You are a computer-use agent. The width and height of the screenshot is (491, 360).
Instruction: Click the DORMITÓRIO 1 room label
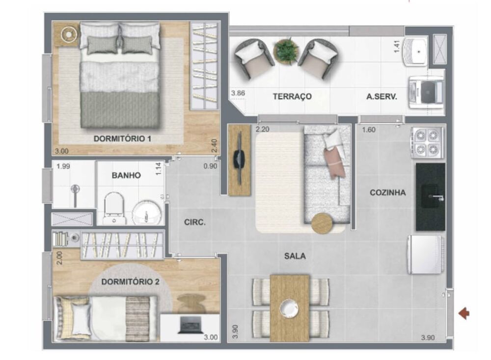click(x=122, y=139)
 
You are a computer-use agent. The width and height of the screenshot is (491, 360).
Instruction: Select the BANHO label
click(x=126, y=175)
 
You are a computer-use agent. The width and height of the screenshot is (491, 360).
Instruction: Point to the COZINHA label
click(x=387, y=193)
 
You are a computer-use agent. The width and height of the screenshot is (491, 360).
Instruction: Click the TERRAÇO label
click(x=292, y=97)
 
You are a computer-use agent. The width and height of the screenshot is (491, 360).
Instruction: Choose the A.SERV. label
click(x=382, y=97)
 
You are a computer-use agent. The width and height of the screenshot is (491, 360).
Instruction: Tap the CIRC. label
click(x=195, y=222)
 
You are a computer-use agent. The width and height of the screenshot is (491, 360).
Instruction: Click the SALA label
click(x=295, y=256)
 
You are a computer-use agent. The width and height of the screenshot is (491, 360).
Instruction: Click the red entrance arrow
click(x=464, y=313)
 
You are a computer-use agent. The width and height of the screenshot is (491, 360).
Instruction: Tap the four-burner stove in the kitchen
click(x=428, y=142)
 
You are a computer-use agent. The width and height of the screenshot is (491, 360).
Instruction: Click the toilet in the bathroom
click(x=115, y=208)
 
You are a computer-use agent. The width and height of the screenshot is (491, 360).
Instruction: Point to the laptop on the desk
click(x=189, y=325)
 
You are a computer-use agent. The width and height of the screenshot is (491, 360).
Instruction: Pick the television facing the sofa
click(x=239, y=160)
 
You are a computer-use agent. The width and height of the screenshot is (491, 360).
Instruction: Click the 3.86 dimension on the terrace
click(x=238, y=93)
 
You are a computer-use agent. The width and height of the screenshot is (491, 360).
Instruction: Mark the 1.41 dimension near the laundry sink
click(x=397, y=46)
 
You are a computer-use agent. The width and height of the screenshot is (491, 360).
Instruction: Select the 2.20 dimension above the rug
click(x=263, y=130)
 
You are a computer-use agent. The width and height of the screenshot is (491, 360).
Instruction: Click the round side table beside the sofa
click(x=322, y=223)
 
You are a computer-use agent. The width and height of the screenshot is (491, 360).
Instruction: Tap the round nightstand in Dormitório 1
click(x=68, y=34)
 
